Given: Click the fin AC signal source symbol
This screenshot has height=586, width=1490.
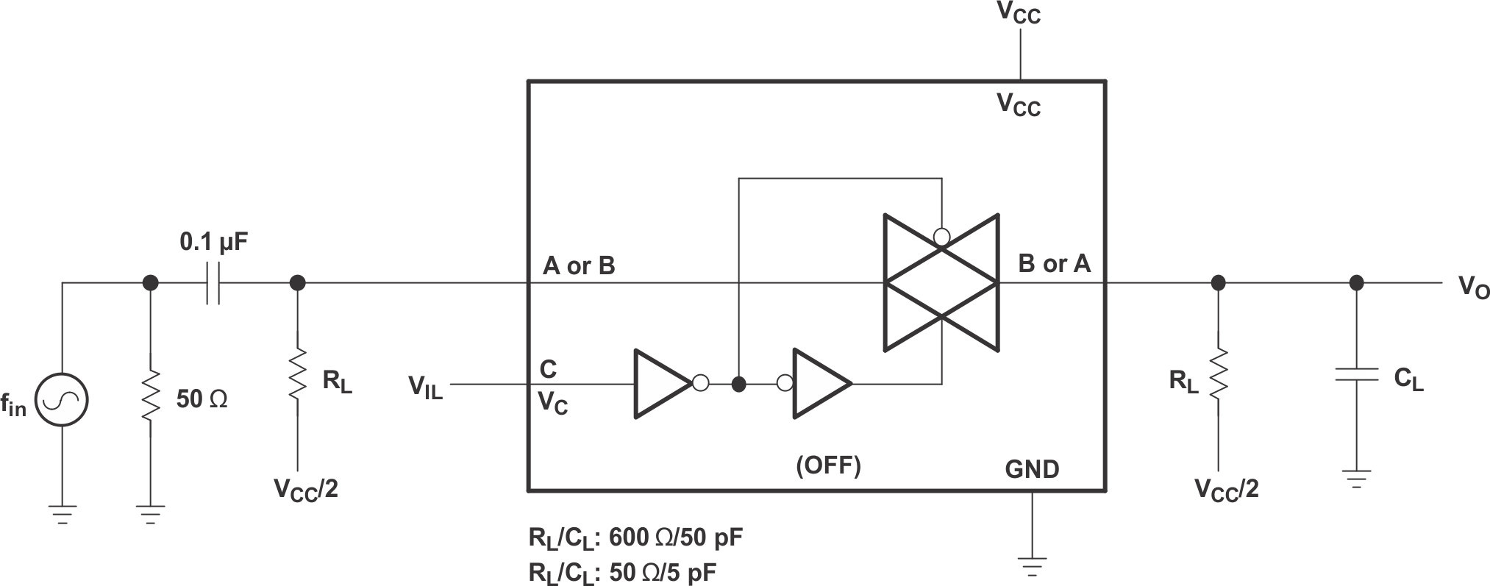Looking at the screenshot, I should (63, 400).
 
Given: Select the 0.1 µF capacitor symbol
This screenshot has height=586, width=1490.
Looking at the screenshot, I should (213, 282).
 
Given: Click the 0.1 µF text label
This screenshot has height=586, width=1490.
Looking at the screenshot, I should (213, 242).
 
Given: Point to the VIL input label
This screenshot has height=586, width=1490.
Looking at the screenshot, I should (426, 386).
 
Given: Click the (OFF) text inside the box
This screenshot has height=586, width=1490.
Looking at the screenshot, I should (828, 465).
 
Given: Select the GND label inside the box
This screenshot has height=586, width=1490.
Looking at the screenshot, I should (1032, 468).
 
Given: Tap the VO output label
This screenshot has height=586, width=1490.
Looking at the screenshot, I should (1473, 287).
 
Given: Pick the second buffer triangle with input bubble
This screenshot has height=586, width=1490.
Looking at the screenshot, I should (819, 384).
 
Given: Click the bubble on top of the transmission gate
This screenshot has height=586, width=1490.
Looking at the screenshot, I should (941, 237).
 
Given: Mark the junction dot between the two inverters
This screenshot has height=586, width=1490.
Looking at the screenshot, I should (739, 384).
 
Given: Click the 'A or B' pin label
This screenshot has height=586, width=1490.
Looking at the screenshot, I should (579, 265).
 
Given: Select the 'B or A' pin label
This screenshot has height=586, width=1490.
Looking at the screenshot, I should (1054, 263).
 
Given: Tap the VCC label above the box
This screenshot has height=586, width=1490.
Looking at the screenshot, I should (1019, 14).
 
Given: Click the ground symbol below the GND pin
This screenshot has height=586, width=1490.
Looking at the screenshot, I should (1032, 567).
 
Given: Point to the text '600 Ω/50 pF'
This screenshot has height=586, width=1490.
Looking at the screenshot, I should (675, 538).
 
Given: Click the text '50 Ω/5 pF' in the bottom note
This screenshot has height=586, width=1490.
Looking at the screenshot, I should (663, 573).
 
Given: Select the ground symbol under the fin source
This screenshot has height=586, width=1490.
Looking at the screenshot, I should (63, 512).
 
